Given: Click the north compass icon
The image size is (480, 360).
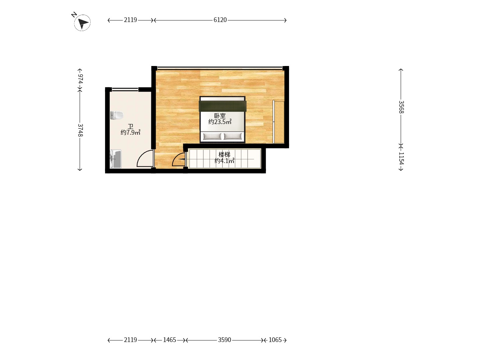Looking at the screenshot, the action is (82, 23).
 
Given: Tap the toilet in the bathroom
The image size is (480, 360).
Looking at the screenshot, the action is (117, 115).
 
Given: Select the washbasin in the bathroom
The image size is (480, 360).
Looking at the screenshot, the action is (115, 159).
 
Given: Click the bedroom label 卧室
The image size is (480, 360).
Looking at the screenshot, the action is (220, 116).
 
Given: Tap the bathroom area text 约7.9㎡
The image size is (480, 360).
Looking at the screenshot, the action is (130, 132).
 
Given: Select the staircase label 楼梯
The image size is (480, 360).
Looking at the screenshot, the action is (224, 155).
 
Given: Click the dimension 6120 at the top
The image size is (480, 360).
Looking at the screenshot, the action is (220, 20).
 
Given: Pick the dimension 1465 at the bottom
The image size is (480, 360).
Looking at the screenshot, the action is (169, 340).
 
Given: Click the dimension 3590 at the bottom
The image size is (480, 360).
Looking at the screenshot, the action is (224, 340).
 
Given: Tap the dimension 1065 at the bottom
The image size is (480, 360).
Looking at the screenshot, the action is (275, 340).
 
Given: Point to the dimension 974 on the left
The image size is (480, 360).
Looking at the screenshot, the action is (80, 79).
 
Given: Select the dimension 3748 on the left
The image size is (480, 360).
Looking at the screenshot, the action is (80, 130).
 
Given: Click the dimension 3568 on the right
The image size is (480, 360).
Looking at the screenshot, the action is (401, 107).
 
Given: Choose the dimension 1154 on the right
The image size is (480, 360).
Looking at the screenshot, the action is (401, 158).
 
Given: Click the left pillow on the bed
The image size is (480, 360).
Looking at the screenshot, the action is (212, 136).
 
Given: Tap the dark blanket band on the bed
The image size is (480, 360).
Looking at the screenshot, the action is (223, 106).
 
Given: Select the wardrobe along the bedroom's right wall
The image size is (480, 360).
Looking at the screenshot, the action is (279, 122).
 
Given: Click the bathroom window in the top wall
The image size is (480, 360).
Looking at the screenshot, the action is (125, 89).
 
